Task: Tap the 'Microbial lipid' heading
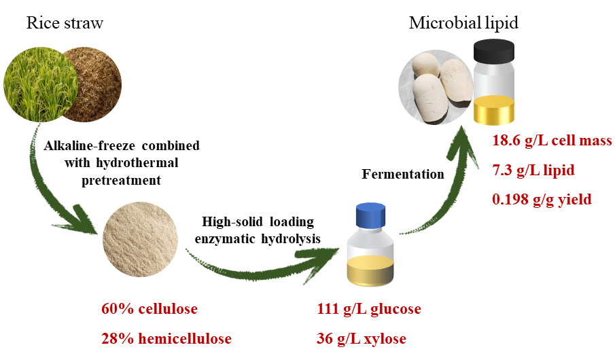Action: [x=463, y=23]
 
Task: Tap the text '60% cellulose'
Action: [x=150, y=309]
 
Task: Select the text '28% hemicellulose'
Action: [x=165, y=338]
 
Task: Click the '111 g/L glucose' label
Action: [x=369, y=309]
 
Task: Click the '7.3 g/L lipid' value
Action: [x=533, y=170]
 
